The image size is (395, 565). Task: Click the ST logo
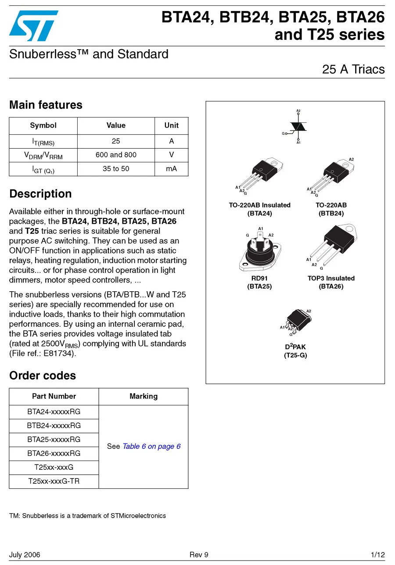[33, 25]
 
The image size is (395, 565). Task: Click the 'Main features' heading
[46, 105]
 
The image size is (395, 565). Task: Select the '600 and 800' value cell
[116, 155]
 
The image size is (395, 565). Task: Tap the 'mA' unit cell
[171, 169]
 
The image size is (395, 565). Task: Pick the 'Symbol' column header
[43, 125]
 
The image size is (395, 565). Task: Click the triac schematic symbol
[299, 126]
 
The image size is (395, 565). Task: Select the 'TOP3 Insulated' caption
[331, 278]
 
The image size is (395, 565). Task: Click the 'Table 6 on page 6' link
[151, 447]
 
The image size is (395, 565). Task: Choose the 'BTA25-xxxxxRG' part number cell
[54, 440]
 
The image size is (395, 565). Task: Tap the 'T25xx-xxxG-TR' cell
[54, 481]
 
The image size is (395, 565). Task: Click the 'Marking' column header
[144, 397]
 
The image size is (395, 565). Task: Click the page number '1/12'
[377, 555]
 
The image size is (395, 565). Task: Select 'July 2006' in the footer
[25, 555]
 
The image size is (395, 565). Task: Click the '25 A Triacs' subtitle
[353, 69]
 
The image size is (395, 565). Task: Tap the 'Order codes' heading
[43, 375]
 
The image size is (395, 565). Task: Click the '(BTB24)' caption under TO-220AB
[331, 214]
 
